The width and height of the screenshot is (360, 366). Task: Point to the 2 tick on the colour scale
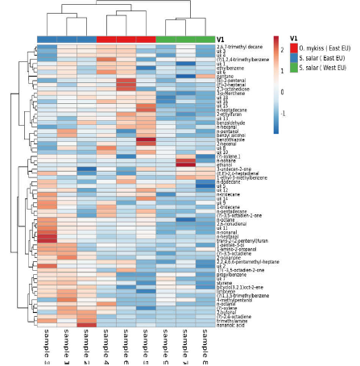(x=283, y=50)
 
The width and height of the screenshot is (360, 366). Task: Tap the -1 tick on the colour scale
(x=283, y=114)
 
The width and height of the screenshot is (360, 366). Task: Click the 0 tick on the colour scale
(x=283, y=92)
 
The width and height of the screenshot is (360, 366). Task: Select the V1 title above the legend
(x=294, y=39)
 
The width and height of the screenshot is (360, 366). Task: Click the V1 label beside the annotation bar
(x=221, y=39)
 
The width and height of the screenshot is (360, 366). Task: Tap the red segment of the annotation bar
(x=126, y=40)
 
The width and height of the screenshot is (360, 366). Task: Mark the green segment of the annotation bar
(x=185, y=40)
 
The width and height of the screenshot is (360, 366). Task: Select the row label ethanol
(x=225, y=164)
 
